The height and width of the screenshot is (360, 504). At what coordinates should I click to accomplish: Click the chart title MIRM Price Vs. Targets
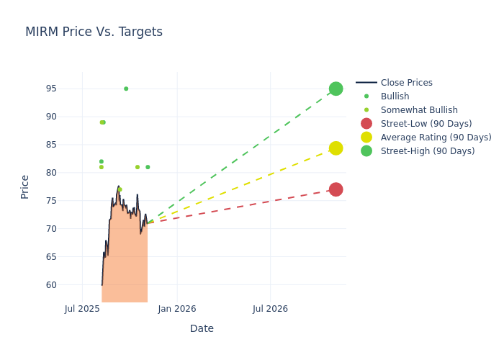94,32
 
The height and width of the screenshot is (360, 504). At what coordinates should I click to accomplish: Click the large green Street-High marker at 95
336,89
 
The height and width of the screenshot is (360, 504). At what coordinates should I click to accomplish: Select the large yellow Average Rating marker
336,148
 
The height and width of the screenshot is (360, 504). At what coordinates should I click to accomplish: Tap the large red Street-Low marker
336,189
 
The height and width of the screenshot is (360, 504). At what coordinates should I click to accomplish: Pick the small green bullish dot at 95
126,89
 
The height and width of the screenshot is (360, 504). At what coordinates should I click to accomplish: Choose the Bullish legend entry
395,96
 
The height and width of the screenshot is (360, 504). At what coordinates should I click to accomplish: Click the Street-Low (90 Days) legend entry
426,124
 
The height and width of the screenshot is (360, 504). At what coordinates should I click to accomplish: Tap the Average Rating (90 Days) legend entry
436,138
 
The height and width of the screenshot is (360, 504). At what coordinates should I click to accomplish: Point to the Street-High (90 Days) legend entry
428,151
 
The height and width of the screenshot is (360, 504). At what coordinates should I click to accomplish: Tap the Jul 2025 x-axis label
82,309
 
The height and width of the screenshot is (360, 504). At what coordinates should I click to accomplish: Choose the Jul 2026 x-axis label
270,309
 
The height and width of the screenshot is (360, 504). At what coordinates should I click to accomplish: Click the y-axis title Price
25,186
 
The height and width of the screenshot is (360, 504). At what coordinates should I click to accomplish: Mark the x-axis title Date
202,328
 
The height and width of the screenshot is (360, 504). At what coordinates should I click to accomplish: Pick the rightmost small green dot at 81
148,167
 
